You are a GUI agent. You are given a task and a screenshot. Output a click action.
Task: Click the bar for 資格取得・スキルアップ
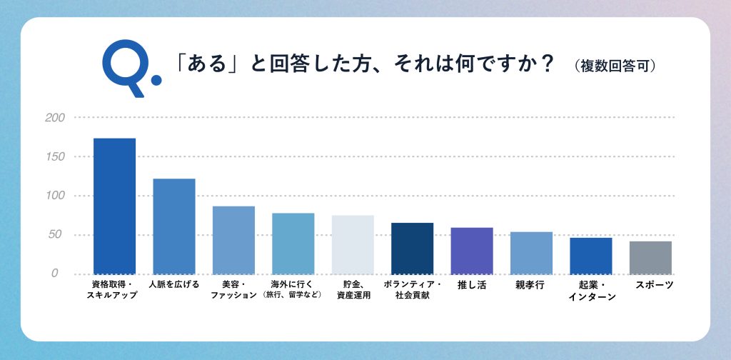pyautogui.click(x=115, y=206)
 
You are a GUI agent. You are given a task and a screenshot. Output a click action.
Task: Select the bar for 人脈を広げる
pyautogui.click(x=174, y=226)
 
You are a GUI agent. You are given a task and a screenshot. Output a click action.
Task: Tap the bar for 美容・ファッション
pyautogui.click(x=233, y=240)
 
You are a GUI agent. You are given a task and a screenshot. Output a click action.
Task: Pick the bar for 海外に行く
pyautogui.click(x=293, y=244)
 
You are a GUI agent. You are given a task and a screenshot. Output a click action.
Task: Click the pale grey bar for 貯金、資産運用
pyautogui.click(x=353, y=244)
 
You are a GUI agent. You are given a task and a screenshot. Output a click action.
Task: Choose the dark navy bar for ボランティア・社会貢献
pyautogui.click(x=412, y=248)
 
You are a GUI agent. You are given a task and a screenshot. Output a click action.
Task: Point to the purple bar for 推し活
pyautogui.click(x=472, y=251)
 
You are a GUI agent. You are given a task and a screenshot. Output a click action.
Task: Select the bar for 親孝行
pyautogui.click(x=531, y=253)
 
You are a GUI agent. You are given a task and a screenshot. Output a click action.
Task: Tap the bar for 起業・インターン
pyautogui.click(x=590, y=256)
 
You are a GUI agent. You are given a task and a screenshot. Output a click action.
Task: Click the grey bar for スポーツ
pyautogui.click(x=650, y=257)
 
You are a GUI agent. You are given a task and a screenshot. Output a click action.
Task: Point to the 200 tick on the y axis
pyautogui.click(x=54, y=118)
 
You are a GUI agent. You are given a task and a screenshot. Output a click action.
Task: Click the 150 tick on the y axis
pyautogui.click(x=54, y=156)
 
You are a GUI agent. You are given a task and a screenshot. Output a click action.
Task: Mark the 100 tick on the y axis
pyautogui.click(x=54, y=196)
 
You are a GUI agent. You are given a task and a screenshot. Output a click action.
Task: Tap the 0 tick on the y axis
pyautogui.click(x=54, y=274)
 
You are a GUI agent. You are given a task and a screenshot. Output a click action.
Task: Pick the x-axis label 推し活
pyautogui.click(x=472, y=285)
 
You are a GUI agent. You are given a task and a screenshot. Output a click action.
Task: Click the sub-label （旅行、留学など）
pyautogui.click(x=293, y=295)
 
